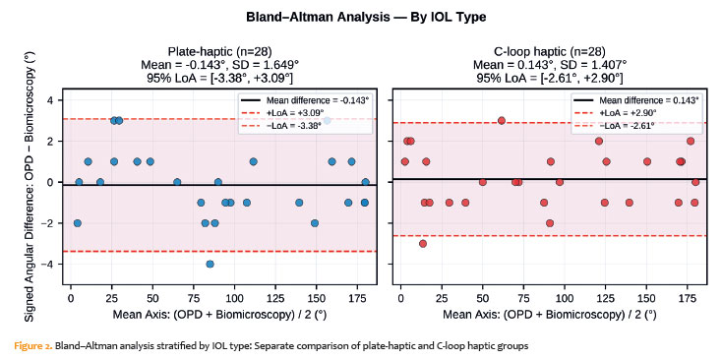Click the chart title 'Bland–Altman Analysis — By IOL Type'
pyautogui.click(x=366, y=18)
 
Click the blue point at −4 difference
pyautogui.click(x=210, y=264)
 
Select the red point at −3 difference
pyautogui.click(x=423, y=244)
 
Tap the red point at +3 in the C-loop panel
pyautogui.click(x=502, y=121)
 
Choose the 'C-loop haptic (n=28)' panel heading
pyautogui.click(x=549, y=51)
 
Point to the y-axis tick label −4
pyautogui.click(x=51, y=265)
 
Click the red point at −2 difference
pyautogui.click(x=550, y=223)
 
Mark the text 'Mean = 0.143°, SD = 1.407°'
pyautogui.click(x=549, y=64)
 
